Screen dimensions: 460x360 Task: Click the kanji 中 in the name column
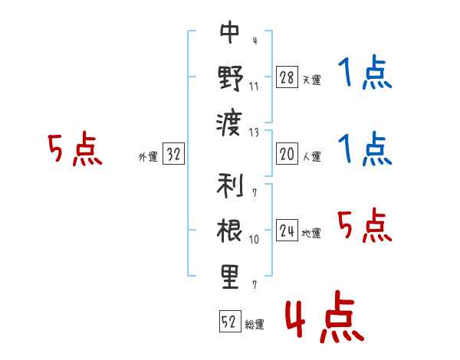pos(230,31)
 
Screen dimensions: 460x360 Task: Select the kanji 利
pos(230,185)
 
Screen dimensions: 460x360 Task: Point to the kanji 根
pos(230,231)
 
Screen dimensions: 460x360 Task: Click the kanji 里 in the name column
pos(230,277)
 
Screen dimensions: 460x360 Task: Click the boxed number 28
pos(287,77)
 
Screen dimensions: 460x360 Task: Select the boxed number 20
pos(287,153)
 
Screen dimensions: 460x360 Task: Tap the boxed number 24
pos(287,230)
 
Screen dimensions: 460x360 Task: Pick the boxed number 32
pos(173,153)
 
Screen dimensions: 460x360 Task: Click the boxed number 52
pos(230,321)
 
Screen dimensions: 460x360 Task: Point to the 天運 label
pos(312,80)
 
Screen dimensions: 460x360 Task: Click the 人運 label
pos(312,156)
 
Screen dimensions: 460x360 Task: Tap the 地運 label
pos(311,234)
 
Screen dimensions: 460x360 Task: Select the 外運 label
pos(148,157)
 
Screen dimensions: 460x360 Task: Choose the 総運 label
pos(255,325)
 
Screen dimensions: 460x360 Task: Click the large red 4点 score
pos(325,316)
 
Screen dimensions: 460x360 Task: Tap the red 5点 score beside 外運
pos(75,149)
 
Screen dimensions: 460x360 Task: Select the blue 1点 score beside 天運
pos(365,72)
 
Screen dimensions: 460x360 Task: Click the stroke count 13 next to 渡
pos(254,133)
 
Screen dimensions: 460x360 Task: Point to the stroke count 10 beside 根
pos(254,240)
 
